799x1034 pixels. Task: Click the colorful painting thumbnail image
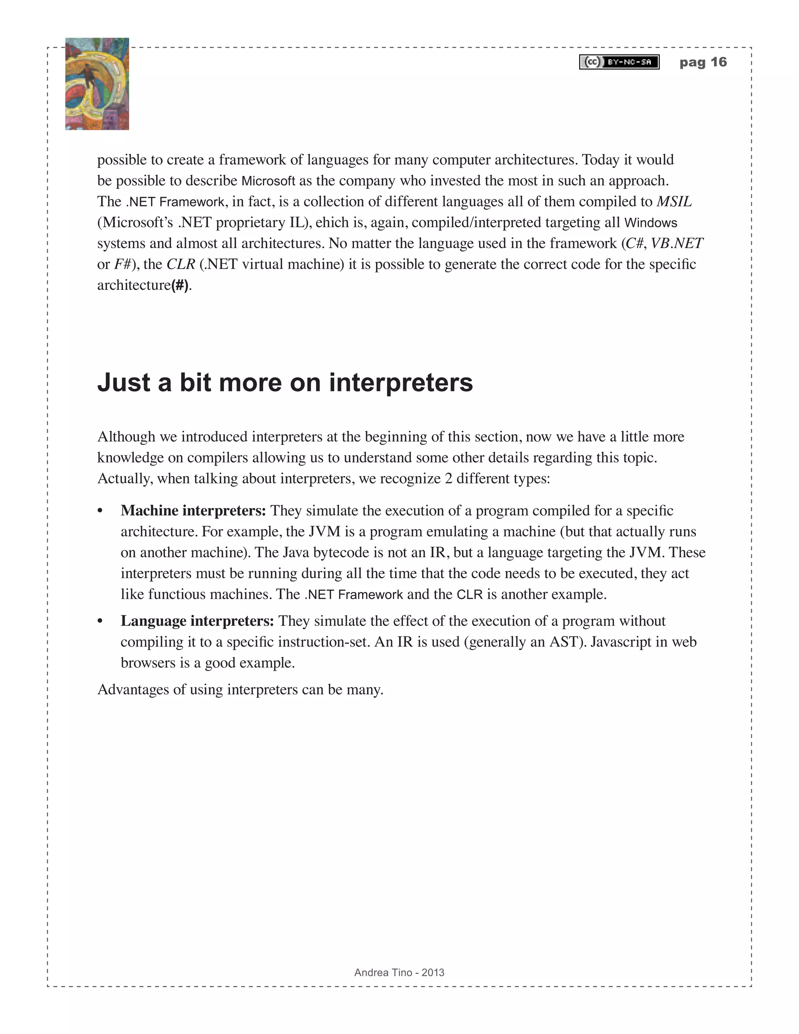[x=97, y=84]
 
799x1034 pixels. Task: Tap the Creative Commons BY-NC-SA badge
[x=619, y=62]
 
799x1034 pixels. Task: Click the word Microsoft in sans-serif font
[x=268, y=181]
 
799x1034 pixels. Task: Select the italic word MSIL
[x=674, y=202]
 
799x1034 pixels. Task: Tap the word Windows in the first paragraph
[x=651, y=222]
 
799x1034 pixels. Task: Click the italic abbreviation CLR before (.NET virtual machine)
[x=181, y=264]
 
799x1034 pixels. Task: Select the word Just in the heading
[x=124, y=382]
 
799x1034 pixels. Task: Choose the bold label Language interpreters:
[x=197, y=621]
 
